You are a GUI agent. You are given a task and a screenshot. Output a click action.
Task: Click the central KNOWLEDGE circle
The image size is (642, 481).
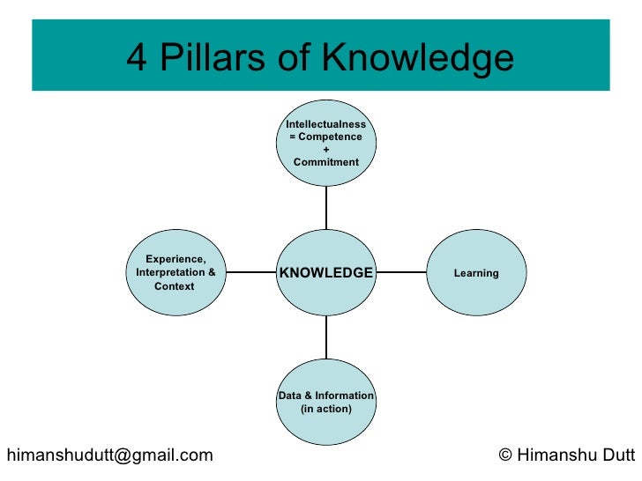point(326,273)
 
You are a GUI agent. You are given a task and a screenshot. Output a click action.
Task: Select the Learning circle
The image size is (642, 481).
point(476,273)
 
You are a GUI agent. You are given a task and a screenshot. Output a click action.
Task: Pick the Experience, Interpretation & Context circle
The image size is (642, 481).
point(175,272)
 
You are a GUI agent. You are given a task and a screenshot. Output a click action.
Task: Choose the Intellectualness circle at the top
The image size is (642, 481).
point(326,144)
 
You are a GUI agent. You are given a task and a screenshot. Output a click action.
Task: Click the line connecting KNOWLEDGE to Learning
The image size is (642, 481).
point(401,273)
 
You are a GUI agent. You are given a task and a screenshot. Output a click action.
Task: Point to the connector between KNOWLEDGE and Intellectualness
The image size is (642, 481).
point(326,208)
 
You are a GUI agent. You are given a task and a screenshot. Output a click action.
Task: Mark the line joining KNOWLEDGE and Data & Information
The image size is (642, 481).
point(326,337)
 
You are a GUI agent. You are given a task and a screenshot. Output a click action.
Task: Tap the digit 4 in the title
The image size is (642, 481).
point(137,59)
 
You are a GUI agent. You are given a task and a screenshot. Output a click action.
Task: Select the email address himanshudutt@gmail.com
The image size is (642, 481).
point(109,455)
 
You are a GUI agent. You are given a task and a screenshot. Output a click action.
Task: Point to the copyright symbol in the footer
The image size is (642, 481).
point(505,455)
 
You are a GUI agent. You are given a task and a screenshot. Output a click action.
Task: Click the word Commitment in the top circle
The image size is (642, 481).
point(326,162)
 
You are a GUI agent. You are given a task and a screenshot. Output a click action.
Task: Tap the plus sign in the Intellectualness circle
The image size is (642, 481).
point(326,150)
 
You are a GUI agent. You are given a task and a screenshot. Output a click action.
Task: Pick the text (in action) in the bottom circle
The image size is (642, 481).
point(326,410)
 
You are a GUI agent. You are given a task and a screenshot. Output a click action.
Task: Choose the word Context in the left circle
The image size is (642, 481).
point(175,286)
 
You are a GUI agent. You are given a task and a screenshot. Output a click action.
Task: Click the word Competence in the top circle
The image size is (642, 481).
point(332,137)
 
